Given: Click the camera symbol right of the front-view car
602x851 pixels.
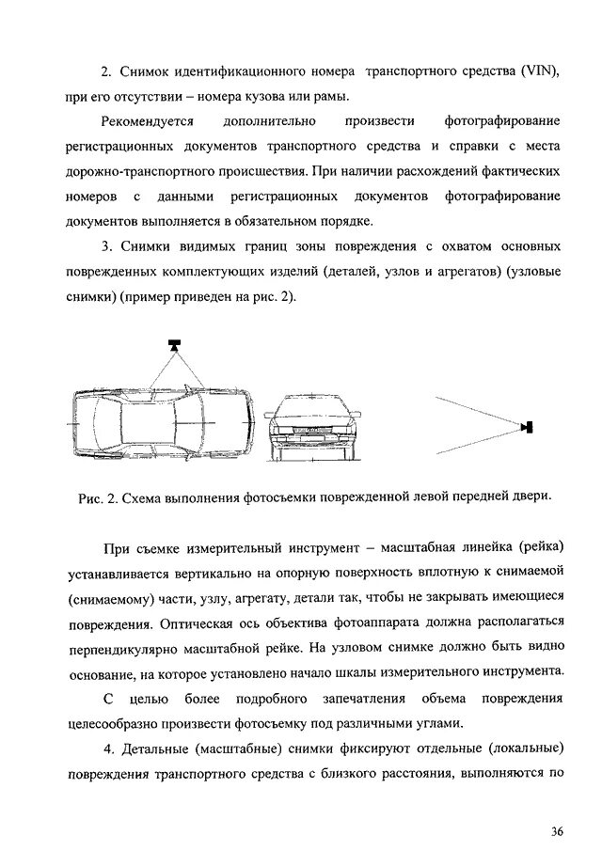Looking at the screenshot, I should coord(528,428).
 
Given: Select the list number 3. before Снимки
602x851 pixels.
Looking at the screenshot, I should coord(106,247).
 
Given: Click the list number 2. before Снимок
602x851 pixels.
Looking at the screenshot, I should coord(106,71).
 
